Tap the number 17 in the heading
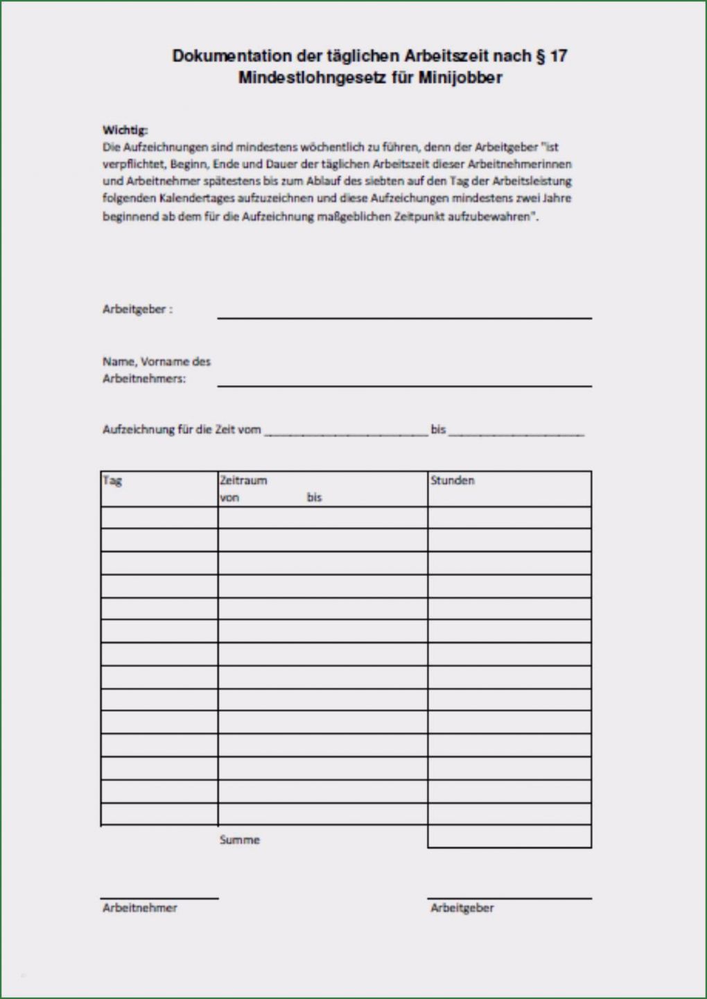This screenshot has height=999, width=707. pyautogui.click(x=558, y=56)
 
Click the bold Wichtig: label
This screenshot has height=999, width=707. pyautogui.click(x=125, y=130)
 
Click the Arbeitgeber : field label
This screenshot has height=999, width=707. pyautogui.click(x=137, y=309)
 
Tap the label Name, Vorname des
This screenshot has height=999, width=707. pyautogui.click(x=156, y=361)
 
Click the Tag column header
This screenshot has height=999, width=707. pyautogui.click(x=112, y=480)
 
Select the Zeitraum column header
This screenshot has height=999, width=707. pyautogui.click(x=243, y=480)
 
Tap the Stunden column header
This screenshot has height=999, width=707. pyautogui.click(x=452, y=480)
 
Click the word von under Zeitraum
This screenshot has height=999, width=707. pyautogui.click(x=229, y=498)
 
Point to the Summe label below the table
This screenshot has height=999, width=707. pyautogui.click(x=240, y=840)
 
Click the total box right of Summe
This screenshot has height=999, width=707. pyautogui.click(x=509, y=837)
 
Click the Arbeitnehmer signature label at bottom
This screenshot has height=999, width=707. pyautogui.click(x=140, y=907)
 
